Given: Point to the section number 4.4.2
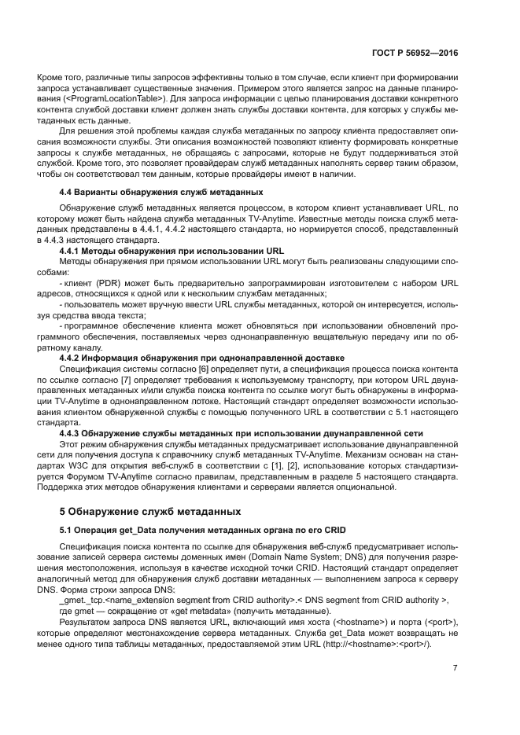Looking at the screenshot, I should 75,358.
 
